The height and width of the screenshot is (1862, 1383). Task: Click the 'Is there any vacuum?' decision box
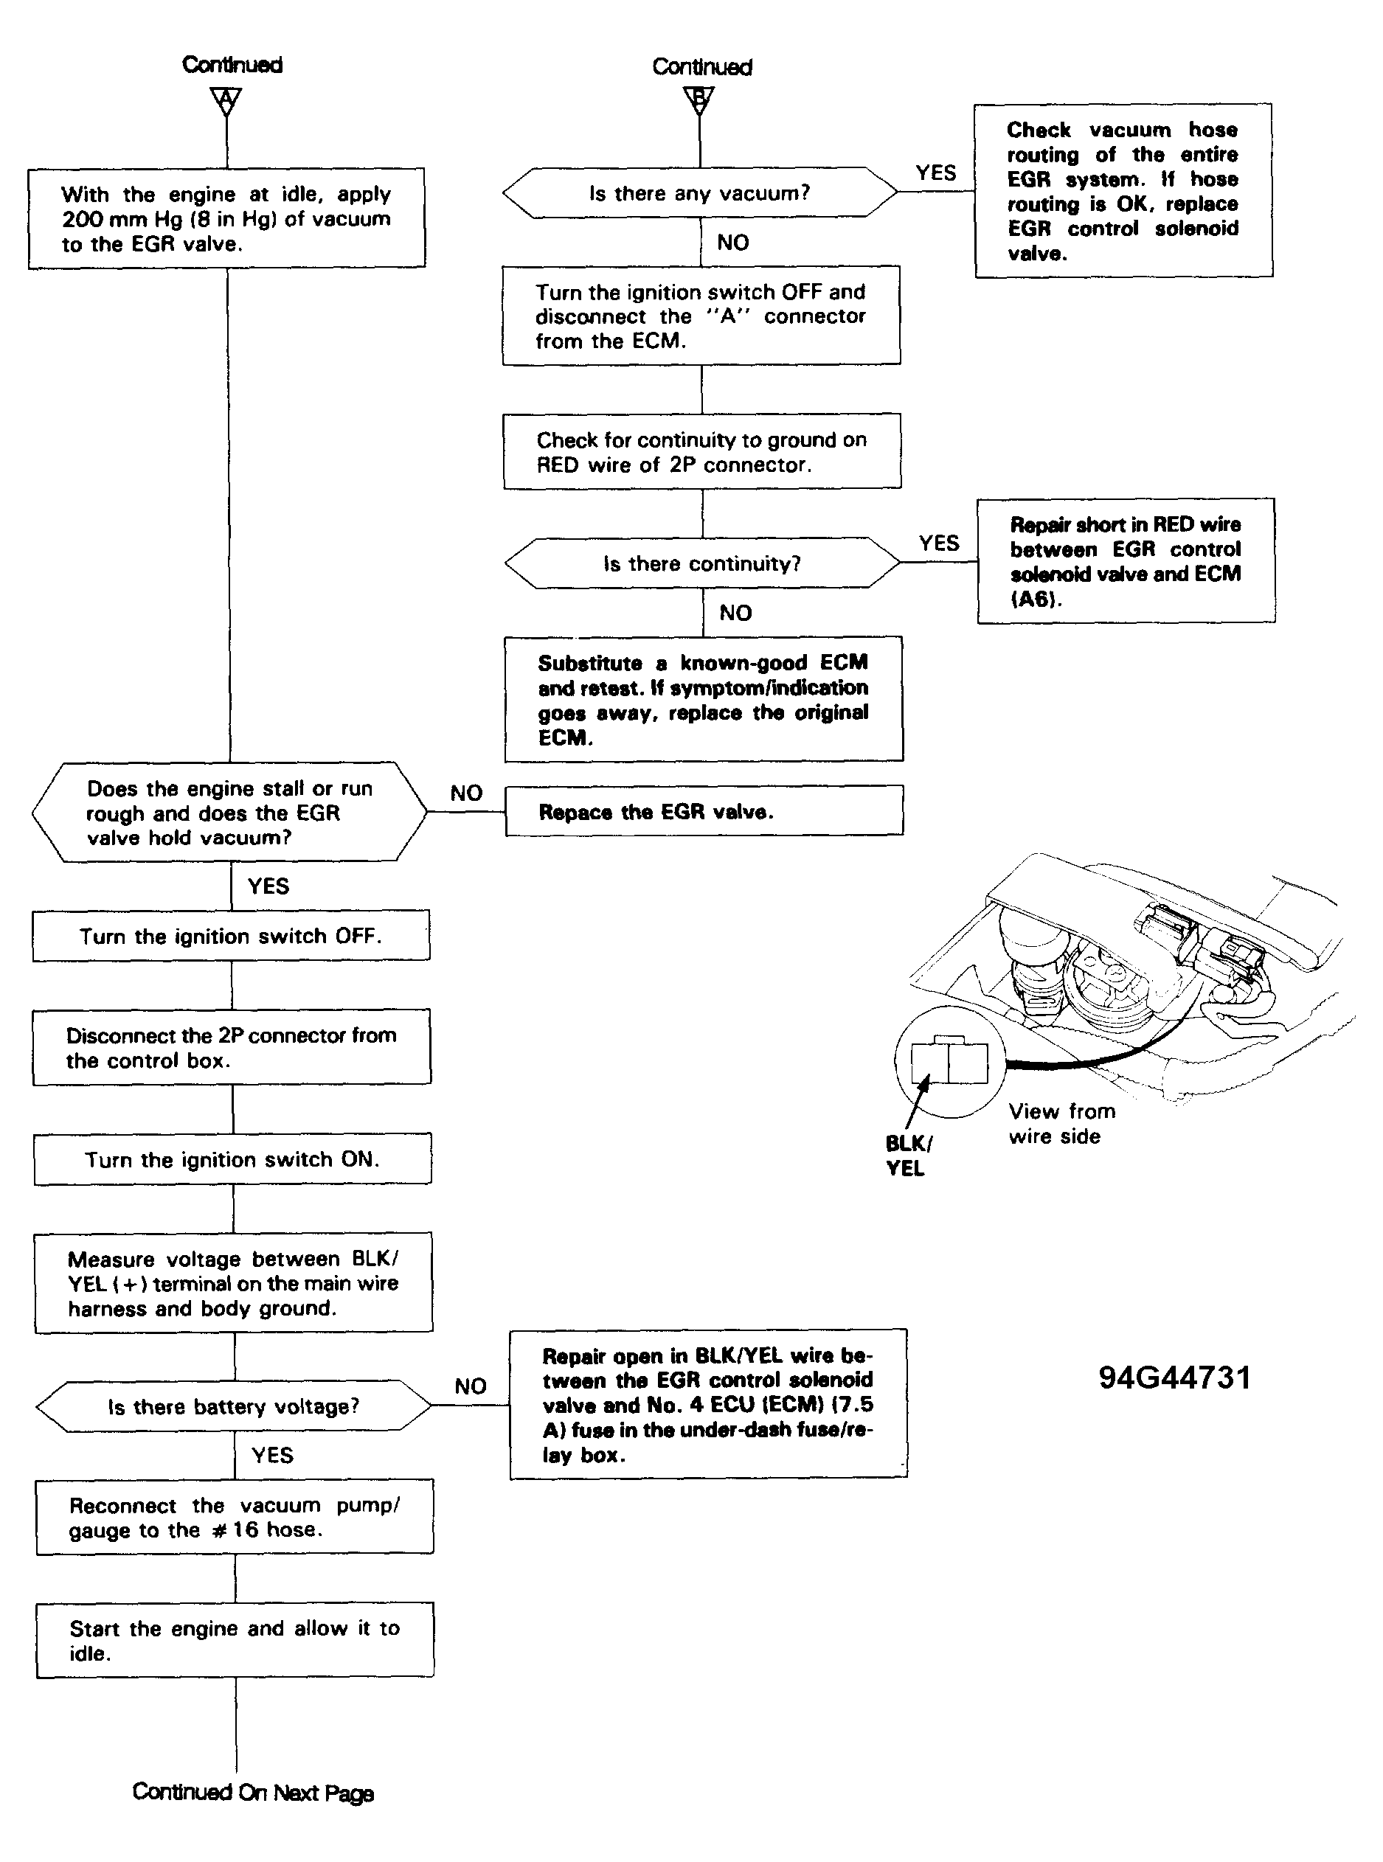700,192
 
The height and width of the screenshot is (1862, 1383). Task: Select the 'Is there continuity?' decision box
702,563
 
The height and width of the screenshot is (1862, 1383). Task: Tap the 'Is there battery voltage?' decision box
234,1406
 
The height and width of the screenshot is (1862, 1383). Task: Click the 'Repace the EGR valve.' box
704,811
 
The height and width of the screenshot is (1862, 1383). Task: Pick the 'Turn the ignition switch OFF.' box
231,936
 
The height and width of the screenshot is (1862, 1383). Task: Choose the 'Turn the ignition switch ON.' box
233,1159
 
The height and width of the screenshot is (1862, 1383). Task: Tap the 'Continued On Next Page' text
253,1793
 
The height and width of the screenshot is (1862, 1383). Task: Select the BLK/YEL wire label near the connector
908,1156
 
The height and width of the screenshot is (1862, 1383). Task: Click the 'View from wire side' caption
1061,1124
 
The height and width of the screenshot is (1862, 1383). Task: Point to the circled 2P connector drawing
949,1062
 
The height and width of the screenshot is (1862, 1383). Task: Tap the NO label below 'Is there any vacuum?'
732,243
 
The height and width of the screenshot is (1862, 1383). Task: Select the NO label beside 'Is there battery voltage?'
470,1386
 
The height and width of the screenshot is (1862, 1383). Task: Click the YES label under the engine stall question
268,886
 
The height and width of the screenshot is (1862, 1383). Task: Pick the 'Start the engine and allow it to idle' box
235,1640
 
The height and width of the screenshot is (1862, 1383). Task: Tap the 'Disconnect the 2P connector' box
232,1047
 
